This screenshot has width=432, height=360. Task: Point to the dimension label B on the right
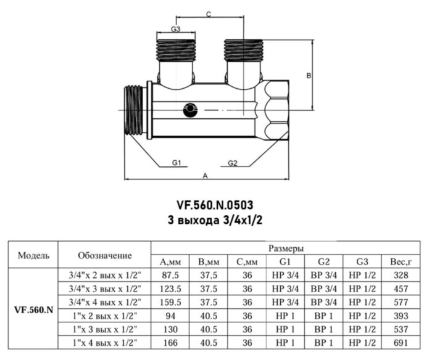click(x=309, y=75)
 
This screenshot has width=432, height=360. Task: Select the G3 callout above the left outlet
click(x=175, y=29)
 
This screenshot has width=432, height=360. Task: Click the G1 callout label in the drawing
click(x=176, y=163)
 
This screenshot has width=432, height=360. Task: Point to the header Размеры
click(x=285, y=248)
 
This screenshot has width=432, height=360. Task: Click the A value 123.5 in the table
click(x=170, y=288)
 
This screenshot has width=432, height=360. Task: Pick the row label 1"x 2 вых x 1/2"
click(x=105, y=315)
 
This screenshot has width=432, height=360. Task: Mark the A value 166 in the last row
click(x=170, y=342)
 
